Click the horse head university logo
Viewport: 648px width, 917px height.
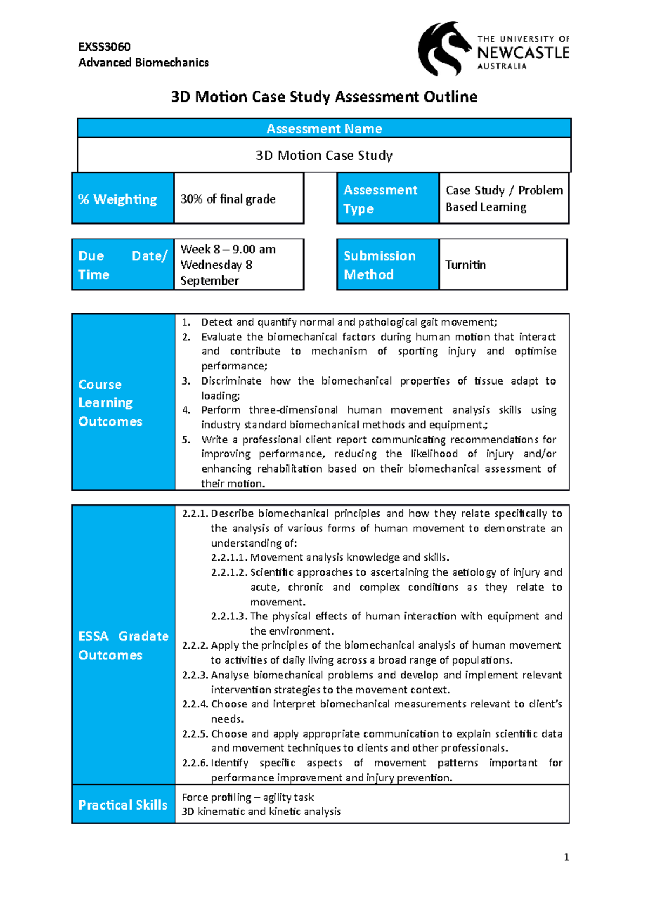tap(444, 49)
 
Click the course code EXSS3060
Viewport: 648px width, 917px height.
tap(104, 47)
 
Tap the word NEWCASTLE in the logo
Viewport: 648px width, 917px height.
tap(523, 53)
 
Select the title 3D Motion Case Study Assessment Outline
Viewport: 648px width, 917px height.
tap(324, 97)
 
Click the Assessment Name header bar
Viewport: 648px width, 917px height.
tap(324, 129)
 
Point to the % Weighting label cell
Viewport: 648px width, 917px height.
tap(123, 199)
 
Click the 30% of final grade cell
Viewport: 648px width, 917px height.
tap(239, 199)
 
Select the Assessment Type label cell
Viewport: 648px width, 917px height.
tap(388, 199)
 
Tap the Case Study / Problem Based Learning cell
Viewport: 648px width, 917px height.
tap(503, 199)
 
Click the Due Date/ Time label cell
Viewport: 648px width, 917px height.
tap(123, 265)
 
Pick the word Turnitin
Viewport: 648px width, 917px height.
tap(465, 265)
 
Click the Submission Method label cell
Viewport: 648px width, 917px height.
tap(388, 265)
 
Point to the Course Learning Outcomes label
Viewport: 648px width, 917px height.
tap(110, 403)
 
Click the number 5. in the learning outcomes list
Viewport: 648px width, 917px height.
tap(186, 440)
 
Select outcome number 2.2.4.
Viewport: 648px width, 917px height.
tap(195, 704)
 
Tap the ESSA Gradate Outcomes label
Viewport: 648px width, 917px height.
tap(123, 645)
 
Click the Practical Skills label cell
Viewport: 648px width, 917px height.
tap(123, 805)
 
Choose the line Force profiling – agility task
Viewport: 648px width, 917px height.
tap(247, 797)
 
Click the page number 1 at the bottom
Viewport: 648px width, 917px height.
tap(566, 857)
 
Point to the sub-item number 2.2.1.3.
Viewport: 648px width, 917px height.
tap(229, 616)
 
